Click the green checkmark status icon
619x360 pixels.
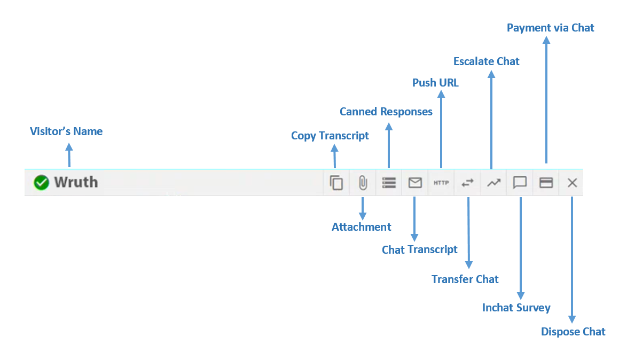point(41,183)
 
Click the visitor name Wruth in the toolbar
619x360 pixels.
point(76,183)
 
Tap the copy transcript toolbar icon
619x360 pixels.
point(336,183)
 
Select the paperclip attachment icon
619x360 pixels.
point(363,183)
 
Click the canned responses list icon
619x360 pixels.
point(389,183)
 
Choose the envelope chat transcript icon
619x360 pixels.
point(415,183)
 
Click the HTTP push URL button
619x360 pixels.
point(441,183)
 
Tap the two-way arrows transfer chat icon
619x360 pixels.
point(467,183)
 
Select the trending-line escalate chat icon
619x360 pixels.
point(493,183)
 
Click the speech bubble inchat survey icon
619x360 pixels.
point(520,183)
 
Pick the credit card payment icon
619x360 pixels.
point(546,183)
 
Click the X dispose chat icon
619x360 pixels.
point(572,183)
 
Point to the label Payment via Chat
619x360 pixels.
point(550,28)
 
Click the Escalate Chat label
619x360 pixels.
point(486,61)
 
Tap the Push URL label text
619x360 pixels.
point(435,83)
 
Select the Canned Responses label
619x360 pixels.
point(386,112)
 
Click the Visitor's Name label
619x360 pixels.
point(66,131)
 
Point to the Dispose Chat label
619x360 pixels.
point(573,332)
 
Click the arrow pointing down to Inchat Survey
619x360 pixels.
point(520,246)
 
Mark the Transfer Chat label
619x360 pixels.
point(465,279)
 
